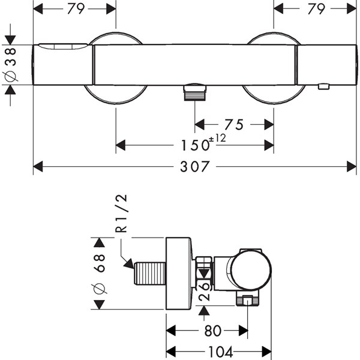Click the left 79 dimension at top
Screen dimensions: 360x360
point(74,8)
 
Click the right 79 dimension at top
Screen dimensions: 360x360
point(316,8)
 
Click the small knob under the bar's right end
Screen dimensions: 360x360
point(323,88)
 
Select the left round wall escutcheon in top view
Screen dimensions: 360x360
point(116,96)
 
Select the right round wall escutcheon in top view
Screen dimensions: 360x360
point(274,96)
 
